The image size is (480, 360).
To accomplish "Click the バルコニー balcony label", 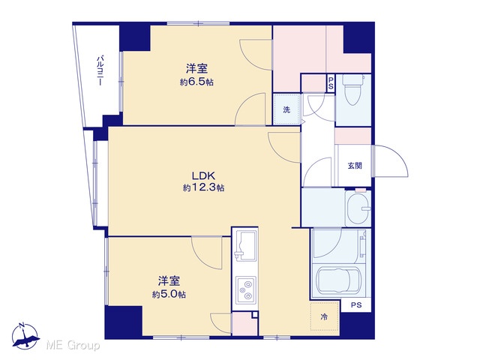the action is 100,70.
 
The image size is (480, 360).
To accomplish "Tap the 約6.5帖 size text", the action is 196,82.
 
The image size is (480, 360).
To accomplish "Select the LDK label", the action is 203,175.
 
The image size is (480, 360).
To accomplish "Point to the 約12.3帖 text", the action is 203,187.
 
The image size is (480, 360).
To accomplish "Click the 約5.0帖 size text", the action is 169,295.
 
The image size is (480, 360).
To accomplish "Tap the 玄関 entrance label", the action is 355,166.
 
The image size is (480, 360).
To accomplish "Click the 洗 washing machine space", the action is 286,109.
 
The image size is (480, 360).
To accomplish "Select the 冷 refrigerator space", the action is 324,316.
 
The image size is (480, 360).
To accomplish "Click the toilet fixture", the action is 352,89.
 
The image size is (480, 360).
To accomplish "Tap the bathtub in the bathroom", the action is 338,280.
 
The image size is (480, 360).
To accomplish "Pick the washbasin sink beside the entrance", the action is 358,208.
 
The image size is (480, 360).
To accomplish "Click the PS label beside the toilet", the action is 331,83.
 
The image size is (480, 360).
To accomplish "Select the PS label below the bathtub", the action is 356,305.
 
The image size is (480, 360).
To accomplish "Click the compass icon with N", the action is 25,336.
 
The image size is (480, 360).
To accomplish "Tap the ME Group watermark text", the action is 73,345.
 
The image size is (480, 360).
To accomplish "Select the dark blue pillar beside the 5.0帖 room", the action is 124,322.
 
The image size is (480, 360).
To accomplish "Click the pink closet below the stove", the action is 244,324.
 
